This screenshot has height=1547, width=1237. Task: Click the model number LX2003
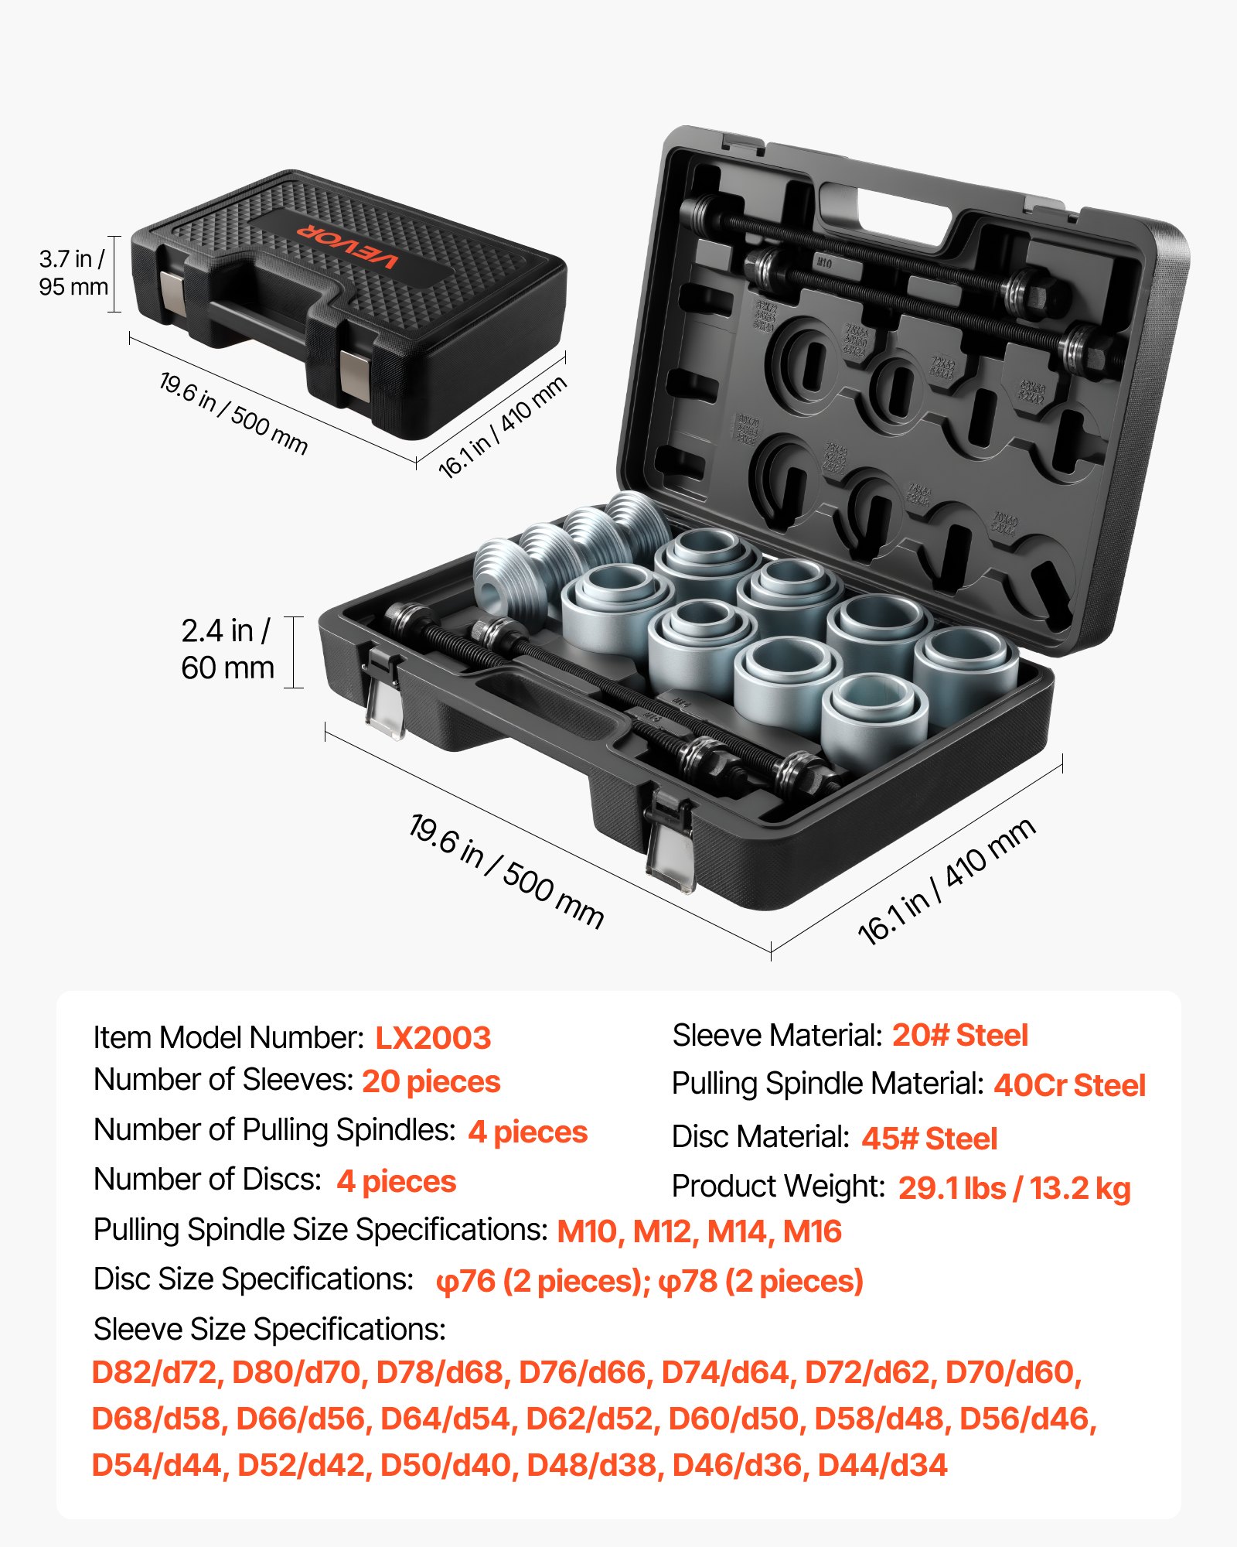coord(433,1038)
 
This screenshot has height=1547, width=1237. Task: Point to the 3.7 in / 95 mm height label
coord(73,272)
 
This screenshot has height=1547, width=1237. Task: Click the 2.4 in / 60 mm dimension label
coord(227,650)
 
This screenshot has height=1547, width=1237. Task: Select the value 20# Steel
coord(959,1035)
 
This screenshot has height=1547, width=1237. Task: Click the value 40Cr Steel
coord(1069,1085)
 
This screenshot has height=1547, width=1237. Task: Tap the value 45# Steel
coord(929,1139)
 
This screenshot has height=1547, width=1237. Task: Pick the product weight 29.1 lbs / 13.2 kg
coord(1014,1188)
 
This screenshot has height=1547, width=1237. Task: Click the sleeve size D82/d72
coord(155,1372)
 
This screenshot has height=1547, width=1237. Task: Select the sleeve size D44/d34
coord(882,1465)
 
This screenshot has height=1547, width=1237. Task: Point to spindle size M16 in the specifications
coord(812,1231)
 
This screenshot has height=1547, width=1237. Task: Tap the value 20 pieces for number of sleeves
coord(431,1081)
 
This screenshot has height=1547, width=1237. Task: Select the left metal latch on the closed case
coord(173,293)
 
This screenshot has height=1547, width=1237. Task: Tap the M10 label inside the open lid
coord(824,264)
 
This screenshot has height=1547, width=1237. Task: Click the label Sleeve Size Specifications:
coord(270,1329)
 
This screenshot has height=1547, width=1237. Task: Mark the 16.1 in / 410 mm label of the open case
coord(946,882)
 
